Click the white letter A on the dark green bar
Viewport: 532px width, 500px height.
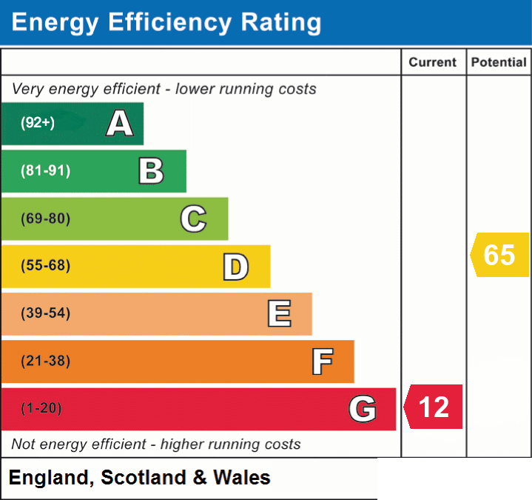(120, 123)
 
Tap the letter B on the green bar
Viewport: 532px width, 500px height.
(152, 171)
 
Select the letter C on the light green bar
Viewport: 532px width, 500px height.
(193, 219)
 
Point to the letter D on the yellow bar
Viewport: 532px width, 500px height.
(236, 267)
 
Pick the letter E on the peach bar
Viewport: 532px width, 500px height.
(279, 313)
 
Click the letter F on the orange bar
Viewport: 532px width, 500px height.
(323, 361)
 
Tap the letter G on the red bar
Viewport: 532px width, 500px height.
(363, 409)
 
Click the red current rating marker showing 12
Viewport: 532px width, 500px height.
(433, 407)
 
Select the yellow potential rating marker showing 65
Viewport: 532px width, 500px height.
(499, 255)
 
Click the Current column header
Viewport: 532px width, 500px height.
(433, 62)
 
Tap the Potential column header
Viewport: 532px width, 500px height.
(499, 62)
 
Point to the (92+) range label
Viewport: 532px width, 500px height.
(38, 122)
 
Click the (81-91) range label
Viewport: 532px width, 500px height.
(46, 170)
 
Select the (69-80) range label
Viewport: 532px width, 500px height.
(46, 219)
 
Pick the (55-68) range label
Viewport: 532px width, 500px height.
(46, 265)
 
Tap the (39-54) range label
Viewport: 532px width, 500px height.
(46, 313)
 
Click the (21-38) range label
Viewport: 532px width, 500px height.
(46, 361)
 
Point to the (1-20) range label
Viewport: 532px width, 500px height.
(41, 408)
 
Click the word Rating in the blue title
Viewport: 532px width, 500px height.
(281, 23)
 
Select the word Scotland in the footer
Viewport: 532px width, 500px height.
(144, 477)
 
